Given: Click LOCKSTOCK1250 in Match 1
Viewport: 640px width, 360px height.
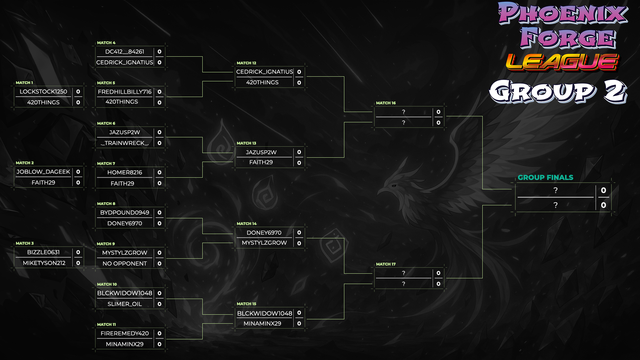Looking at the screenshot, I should pos(43,92).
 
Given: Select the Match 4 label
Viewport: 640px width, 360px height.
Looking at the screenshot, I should pos(106,43).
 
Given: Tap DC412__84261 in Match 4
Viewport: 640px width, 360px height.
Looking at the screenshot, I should pos(125,52).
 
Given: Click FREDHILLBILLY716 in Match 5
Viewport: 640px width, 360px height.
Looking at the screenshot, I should pos(125,92).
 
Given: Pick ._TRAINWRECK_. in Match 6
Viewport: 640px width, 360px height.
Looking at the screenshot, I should pos(125,143).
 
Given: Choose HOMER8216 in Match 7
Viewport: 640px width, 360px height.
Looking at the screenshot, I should pos(125,172).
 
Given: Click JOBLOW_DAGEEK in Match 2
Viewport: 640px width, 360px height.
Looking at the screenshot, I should pos(43,172).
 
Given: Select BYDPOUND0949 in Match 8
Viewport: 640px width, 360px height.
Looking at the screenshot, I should pos(125,213).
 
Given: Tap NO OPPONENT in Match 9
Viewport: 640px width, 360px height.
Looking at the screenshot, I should pos(125,263).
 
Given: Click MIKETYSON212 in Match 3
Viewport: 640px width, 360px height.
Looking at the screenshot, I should pos(44,263).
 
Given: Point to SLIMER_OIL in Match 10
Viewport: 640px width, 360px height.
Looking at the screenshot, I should pos(125,304).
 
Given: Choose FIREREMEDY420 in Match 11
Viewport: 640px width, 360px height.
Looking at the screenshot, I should pos(125,333).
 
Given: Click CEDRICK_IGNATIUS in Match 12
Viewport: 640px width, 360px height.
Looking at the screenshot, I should pos(265,72).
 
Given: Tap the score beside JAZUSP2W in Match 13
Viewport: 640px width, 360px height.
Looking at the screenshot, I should pos(299,152).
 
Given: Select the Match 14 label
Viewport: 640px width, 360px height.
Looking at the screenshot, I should pos(246,224).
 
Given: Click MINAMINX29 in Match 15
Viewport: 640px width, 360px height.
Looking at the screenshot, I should pos(262,323).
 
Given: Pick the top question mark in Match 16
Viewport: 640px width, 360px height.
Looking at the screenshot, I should pos(404,112).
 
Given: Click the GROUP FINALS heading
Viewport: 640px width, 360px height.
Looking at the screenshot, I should pos(545,177).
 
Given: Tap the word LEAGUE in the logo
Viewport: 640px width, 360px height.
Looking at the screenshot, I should pos(563,62).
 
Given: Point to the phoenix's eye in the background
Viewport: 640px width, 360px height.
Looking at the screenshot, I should pos(394,186).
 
